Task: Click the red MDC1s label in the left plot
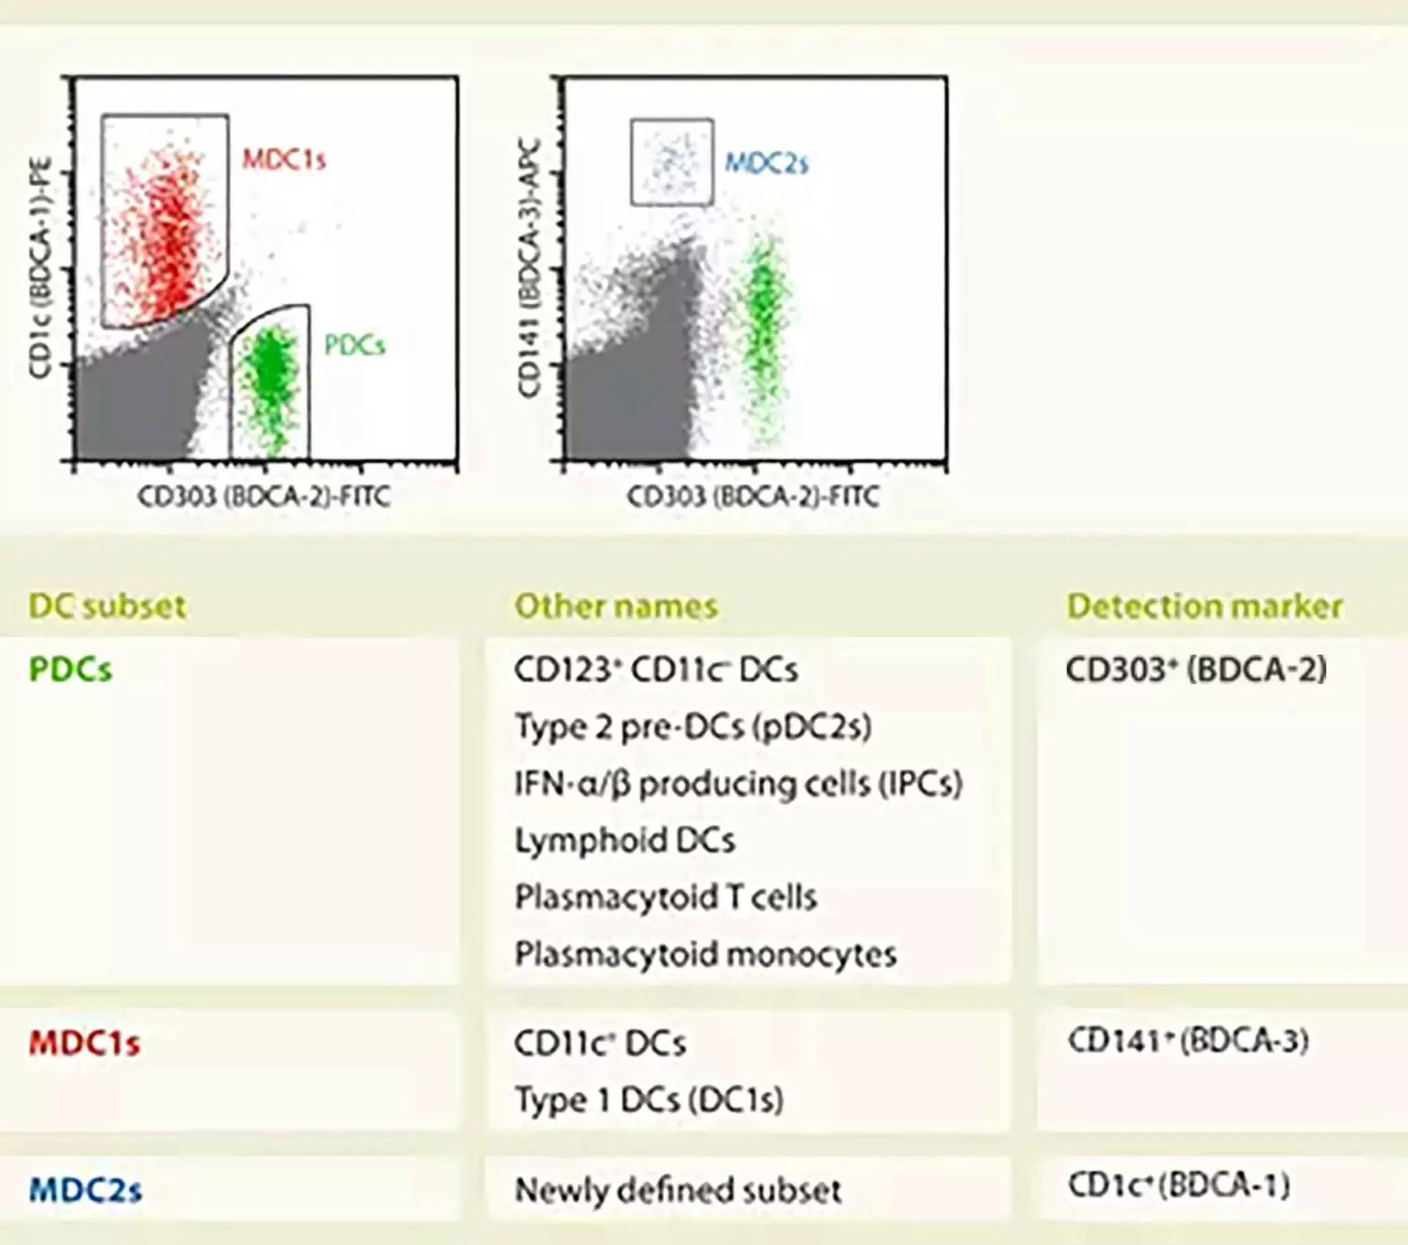coord(284,160)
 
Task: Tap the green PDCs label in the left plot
coord(355,345)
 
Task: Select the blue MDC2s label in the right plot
coord(767,164)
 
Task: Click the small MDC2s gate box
coord(672,163)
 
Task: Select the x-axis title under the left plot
coord(264,496)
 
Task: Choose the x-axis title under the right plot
coord(753,496)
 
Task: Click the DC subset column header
coord(107,606)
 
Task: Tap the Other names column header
coord(616,606)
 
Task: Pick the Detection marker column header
coord(1204,606)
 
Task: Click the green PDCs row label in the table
coord(70,669)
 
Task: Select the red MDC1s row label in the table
coord(84,1043)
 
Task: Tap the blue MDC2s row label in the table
coord(86,1190)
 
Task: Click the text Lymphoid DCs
coord(625,840)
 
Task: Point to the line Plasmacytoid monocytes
coord(705,954)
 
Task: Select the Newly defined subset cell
coord(678,1190)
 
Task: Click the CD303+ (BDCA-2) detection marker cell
coord(1196,669)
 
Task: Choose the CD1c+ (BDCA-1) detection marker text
coord(1179,1186)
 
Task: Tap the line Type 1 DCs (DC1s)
coord(649,1099)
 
